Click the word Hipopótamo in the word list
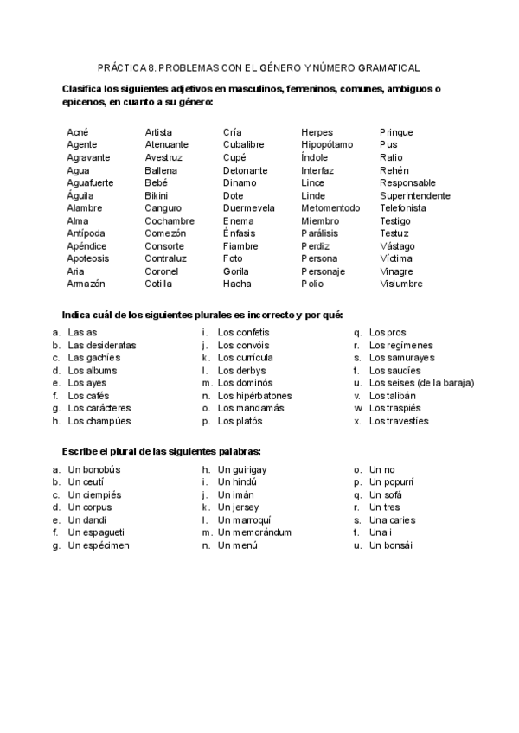point(327,145)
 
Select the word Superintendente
point(414,196)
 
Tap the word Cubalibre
point(243,145)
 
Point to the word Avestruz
point(163,158)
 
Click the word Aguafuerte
point(89,183)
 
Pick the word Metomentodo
point(330,208)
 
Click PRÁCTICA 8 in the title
point(127,67)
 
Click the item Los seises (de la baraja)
point(417,383)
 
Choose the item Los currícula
point(245,358)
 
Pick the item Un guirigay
point(242,470)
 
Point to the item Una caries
point(392,520)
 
